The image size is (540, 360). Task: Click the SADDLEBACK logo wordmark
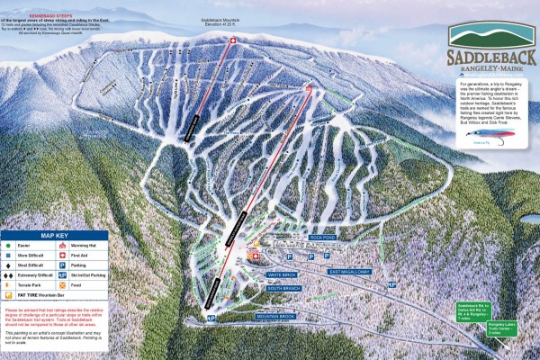[491, 57]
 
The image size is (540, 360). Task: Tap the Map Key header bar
[55, 236]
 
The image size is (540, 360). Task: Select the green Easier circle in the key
[7, 246]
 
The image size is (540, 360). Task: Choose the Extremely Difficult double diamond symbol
[8, 274]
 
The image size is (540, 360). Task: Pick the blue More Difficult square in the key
[7, 256]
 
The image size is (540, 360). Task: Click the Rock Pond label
[320, 238]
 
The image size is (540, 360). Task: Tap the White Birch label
[282, 274]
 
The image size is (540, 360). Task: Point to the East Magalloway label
[347, 271]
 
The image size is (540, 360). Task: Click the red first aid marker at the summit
[232, 40]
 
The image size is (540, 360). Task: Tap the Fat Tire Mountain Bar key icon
[8, 294]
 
